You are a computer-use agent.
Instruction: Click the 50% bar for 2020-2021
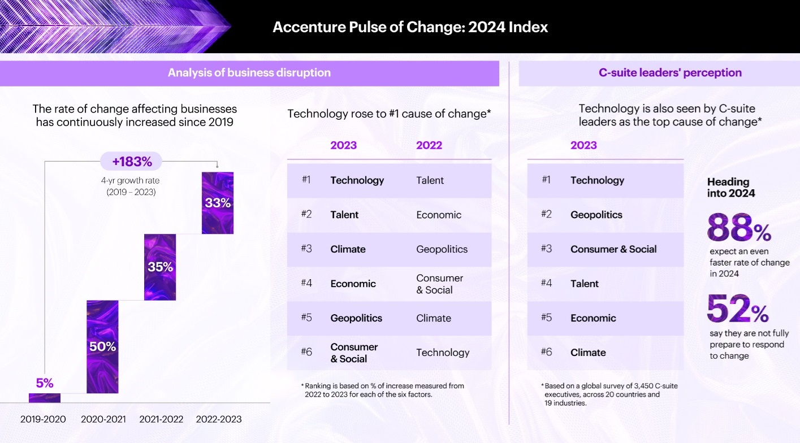[x=102, y=346]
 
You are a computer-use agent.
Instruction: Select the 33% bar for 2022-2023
[x=218, y=203]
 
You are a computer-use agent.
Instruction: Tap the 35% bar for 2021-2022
[x=160, y=267]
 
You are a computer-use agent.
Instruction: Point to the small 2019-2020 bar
[x=45, y=397]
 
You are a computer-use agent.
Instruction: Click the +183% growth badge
[x=132, y=162]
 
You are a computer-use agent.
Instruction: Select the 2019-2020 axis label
[x=43, y=419]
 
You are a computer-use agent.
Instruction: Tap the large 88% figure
[x=739, y=228]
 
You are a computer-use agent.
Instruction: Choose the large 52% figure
[x=738, y=309]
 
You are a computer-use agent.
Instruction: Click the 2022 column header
[x=429, y=145]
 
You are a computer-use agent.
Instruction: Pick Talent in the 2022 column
[x=430, y=181]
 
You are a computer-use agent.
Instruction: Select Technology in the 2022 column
[x=443, y=353]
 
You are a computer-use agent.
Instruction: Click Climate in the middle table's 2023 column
[x=348, y=249]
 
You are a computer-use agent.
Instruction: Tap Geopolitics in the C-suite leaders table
[x=596, y=215]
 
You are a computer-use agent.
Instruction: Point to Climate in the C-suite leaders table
[x=588, y=353]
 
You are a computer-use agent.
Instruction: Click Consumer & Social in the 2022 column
[x=439, y=284]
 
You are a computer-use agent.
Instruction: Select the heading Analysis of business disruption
[x=249, y=73]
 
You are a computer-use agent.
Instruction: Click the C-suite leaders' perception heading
[x=670, y=73]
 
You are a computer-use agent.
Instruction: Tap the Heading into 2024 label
[x=731, y=187]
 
